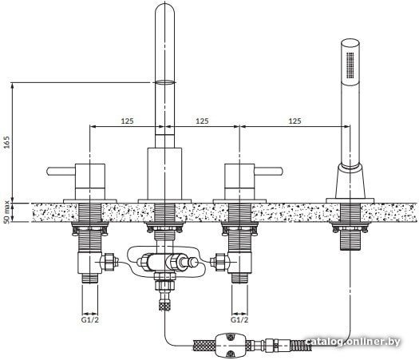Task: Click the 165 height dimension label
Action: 7,142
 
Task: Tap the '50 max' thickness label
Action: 7,212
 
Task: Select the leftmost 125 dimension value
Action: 127,121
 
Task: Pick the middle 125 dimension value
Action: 202,121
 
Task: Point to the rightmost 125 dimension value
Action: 295,121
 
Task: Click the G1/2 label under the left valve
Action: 90,319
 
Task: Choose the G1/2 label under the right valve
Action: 239,319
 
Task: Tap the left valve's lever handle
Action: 61,172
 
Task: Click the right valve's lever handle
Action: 268,172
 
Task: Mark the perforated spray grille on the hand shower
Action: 350,65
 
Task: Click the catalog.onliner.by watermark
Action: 353,342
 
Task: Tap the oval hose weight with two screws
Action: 230,345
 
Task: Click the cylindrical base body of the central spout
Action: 165,173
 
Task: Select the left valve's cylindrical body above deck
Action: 90,181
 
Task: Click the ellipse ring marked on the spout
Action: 165,82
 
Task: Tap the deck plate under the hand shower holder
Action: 350,200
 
